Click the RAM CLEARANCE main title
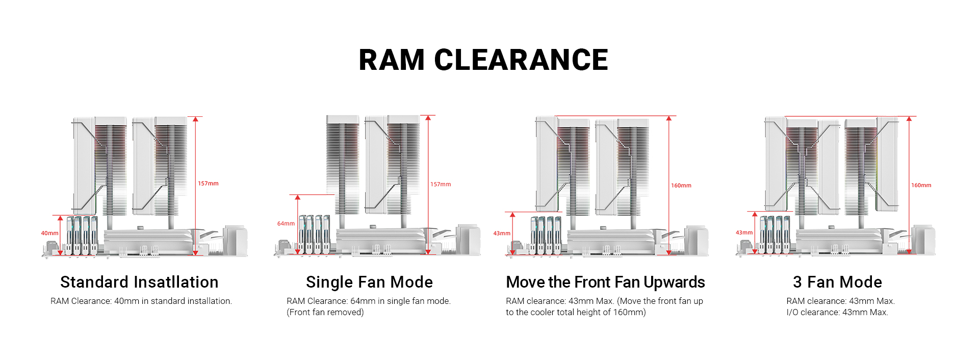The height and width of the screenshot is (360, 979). pyautogui.click(x=483, y=60)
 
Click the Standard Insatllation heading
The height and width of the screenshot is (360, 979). pyautogui.click(x=139, y=282)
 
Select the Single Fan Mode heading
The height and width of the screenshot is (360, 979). pyautogui.click(x=369, y=282)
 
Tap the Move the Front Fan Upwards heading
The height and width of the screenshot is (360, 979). pyautogui.click(x=605, y=282)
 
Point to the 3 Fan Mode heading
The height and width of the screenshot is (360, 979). pyautogui.click(x=837, y=282)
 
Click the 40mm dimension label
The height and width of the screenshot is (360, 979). pyautogui.click(x=49, y=233)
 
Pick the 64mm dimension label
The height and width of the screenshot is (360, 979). pyautogui.click(x=286, y=223)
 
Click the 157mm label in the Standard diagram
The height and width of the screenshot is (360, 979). pyautogui.click(x=208, y=184)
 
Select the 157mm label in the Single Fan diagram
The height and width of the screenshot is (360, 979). pyautogui.click(x=441, y=184)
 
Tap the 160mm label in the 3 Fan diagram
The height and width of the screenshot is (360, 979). pyautogui.click(x=921, y=185)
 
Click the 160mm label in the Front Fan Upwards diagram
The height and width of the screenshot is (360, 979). pyautogui.click(x=681, y=186)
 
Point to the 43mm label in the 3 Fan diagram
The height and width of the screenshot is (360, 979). pyautogui.click(x=744, y=233)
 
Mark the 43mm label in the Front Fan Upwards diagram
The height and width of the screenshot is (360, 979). pyautogui.click(x=502, y=233)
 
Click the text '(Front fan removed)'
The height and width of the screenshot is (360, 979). pyautogui.click(x=325, y=312)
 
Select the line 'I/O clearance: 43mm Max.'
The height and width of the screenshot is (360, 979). pyautogui.click(x=837, y=312)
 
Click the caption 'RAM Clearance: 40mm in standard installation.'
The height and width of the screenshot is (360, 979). pyautogui.click(x=141, y=301)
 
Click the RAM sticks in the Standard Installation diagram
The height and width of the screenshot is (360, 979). pyautogui.click(x=82, y=235)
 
